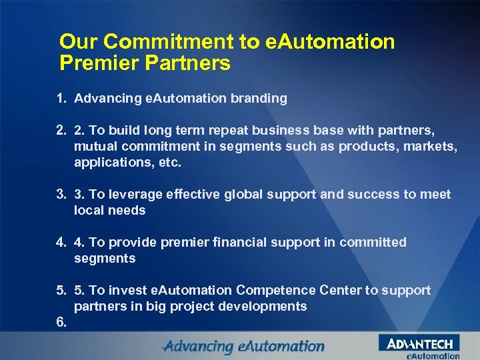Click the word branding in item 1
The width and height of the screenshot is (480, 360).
tap(259, 99)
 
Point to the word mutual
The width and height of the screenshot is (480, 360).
tap(95, 146)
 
